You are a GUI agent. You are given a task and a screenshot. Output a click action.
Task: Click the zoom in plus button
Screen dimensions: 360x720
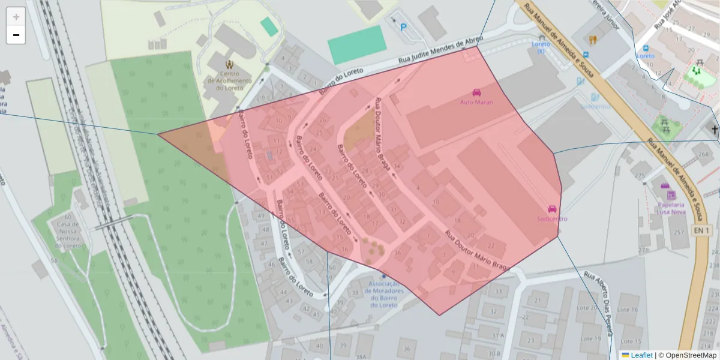coord(16,16)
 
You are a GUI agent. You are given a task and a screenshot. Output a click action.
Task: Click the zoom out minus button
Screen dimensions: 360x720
coord(16,35)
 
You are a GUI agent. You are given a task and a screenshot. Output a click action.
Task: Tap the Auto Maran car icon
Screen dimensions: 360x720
coord(476,92)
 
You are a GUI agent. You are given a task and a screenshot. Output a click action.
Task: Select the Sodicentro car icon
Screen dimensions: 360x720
coord(552,209)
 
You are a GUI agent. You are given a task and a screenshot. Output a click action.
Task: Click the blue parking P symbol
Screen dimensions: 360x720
coord(403,27)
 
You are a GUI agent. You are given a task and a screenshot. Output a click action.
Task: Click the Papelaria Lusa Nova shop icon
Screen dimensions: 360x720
coord(671,194)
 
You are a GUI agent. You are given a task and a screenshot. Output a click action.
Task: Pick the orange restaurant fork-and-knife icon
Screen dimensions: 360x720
coord(593,40)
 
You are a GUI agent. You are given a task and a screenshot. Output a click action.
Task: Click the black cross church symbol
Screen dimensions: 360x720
coord(714,130)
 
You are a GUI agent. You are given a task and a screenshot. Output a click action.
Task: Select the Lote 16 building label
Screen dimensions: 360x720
coord(627,310)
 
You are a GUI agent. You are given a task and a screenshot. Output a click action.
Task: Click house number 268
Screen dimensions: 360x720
coord(703,154)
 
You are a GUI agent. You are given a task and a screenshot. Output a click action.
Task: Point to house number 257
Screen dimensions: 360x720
coord(679,232)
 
